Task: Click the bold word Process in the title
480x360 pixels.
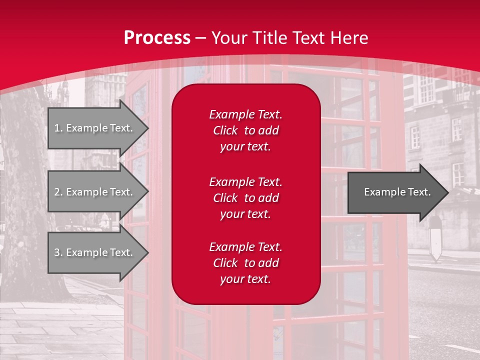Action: tap(157, 38)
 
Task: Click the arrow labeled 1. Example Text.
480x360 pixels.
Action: tap(95, 128)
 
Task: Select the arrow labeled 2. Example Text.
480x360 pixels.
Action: tap(95, 192)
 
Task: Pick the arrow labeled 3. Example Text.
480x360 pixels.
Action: tap(95, 252)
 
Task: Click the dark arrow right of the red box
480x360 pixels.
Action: tap(395, 192)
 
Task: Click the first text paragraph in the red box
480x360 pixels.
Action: tap(245, 130)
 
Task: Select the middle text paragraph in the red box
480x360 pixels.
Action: tap(245, 198)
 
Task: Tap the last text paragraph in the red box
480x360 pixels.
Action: tap(245, 263)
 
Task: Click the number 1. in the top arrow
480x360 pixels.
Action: tap(58, 128)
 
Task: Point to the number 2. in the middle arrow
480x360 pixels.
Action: tap(58, 192)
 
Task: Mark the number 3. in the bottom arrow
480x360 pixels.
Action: tap(58, 252)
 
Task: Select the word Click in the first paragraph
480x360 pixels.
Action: tap(225, 130)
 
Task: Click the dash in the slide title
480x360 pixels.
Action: tap(201, 38)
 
